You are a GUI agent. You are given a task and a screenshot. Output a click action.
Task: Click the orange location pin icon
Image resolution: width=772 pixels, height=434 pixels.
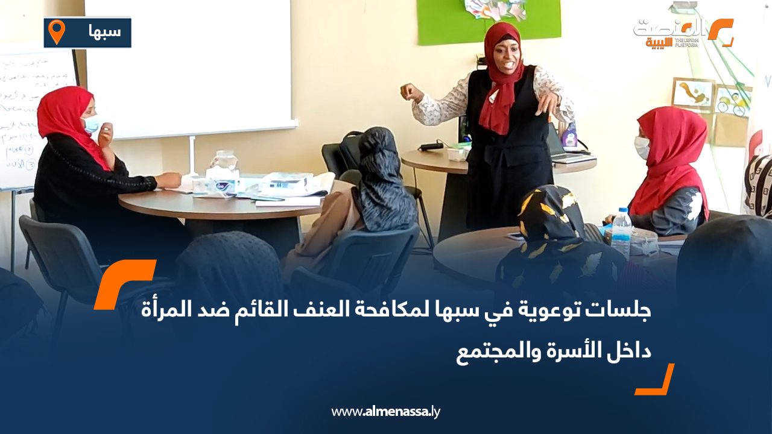point(56,31)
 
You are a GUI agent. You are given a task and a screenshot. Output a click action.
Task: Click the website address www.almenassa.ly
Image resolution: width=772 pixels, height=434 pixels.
point(386,412)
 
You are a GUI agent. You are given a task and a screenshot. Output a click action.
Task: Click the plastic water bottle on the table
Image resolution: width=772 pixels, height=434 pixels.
point(621,233)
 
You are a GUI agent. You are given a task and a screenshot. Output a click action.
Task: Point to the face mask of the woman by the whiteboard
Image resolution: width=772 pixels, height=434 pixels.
point(91,124)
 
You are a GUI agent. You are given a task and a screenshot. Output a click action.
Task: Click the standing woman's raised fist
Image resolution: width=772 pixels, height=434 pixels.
point(412,93)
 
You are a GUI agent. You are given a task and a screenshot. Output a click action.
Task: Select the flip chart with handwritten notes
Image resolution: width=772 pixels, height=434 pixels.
point(33,115)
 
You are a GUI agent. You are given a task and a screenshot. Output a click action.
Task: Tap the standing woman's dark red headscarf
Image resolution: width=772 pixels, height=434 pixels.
point(501,78)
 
